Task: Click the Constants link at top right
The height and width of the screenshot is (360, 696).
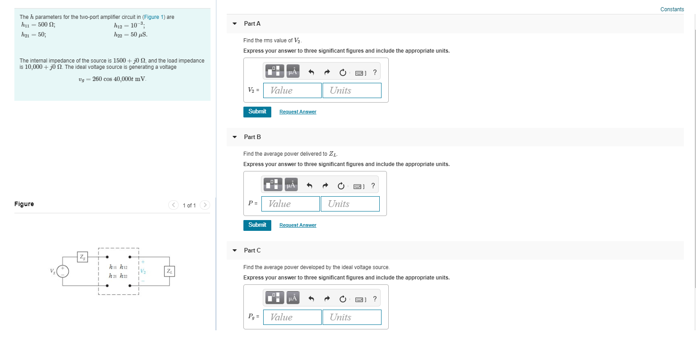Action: [672, 9]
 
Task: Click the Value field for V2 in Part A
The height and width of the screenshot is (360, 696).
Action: [292, 90]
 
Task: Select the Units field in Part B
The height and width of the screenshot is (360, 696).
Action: [350, 204]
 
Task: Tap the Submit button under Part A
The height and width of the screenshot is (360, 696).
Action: [257, 112]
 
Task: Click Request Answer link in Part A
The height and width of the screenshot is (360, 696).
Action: [297, 112]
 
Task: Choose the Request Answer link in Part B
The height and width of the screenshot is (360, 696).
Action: [297, 225]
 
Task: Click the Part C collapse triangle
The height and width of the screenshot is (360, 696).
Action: [234, 251]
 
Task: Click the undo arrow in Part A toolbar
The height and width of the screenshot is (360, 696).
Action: [311, 72]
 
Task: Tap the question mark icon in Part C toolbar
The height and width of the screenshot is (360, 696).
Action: [375, 299]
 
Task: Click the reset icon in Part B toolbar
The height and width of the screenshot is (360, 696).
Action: [341, 185]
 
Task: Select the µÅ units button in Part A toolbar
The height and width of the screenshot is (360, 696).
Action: [293, 72]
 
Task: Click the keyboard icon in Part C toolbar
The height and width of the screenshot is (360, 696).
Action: [359, 299]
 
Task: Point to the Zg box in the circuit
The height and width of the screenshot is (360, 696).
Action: [82, 257]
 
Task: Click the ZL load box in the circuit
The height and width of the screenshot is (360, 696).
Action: [170, 271]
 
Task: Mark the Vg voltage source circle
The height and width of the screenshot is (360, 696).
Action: [63, 271]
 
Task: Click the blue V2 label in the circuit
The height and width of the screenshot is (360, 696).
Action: [143, 271]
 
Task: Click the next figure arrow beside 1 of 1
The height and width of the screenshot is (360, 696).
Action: [205, 205]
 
